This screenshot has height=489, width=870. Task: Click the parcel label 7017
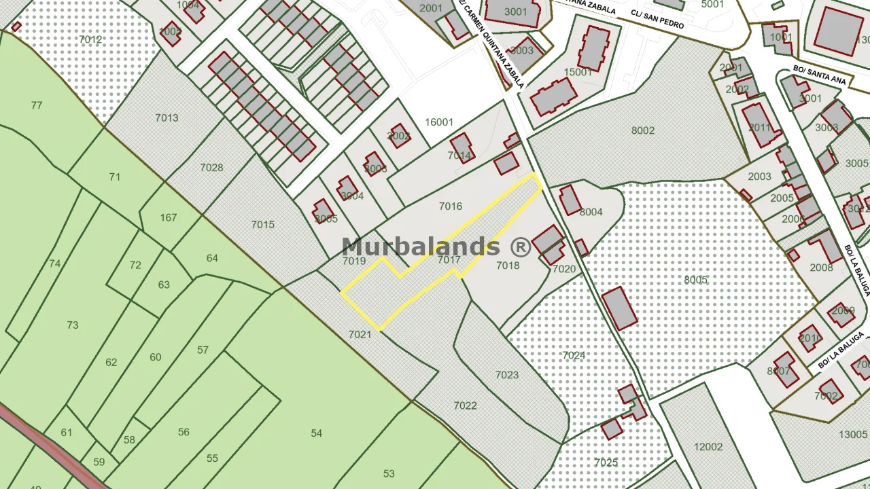coord(449,260)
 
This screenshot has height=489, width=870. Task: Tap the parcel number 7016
coord(451,206)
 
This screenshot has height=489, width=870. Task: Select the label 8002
coord(643,130)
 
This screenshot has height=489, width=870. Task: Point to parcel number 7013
coord(167,117)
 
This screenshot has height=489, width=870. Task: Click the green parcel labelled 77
coord(37,105)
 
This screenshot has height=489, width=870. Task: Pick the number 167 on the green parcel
coord(169,218)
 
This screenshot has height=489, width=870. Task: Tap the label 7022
coord(466,405)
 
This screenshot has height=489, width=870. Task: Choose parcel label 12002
coord(708,447)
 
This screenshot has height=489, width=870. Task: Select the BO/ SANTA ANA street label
coord(820,75)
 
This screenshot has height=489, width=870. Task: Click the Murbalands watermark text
coord(436,247)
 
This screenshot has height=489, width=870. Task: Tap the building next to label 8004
coord(570,200)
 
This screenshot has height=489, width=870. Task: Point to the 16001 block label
coord(439,122)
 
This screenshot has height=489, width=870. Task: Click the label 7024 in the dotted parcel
coord(574,355)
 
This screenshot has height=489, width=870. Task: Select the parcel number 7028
coord(212,168)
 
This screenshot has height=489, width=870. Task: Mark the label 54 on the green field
coord(316,433)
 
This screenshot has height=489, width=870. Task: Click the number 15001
coord(578,71)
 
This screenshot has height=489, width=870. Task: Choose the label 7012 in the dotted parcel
coord(90,39)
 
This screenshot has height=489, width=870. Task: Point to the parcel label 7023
coord(507,375)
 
